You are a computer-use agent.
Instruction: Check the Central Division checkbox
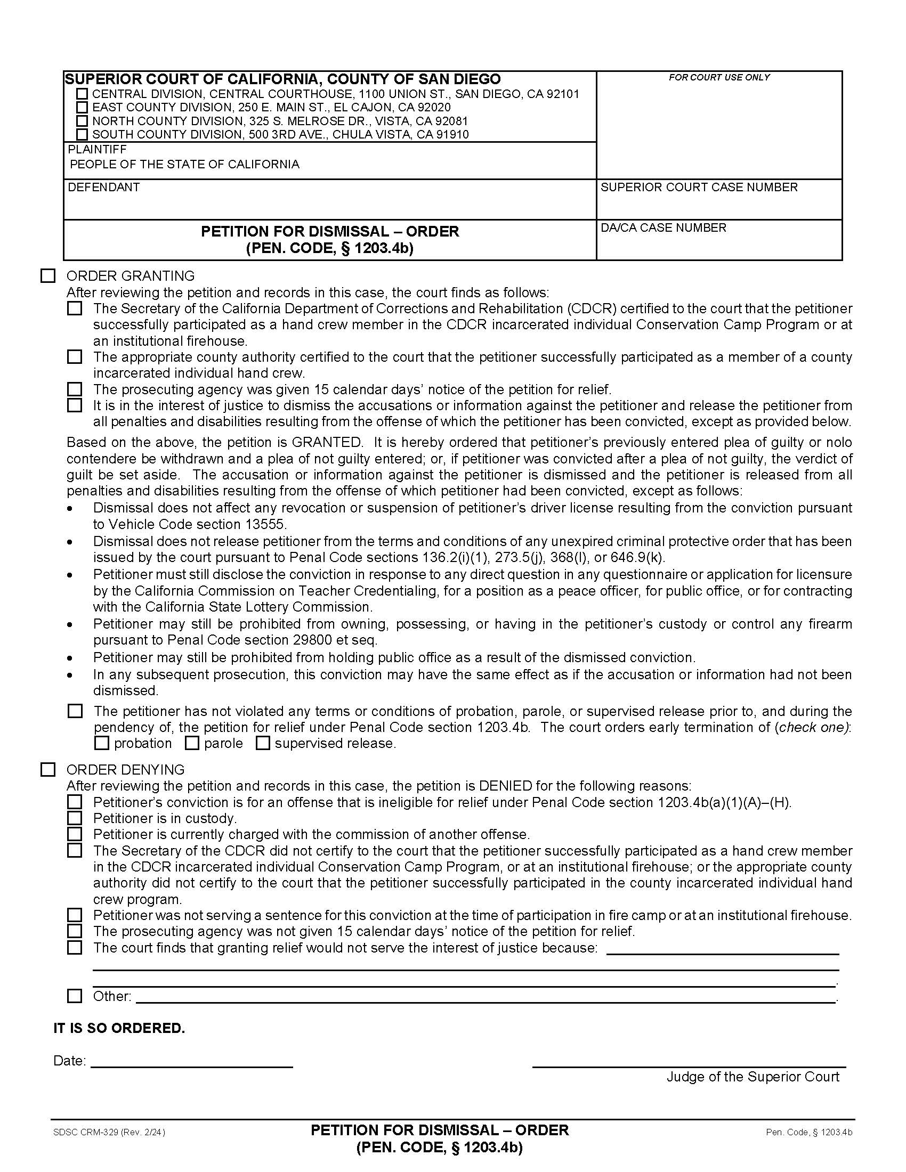pos(82,94)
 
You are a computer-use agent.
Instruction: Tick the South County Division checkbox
pos(82,134)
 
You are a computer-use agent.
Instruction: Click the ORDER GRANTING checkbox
pos(48,276)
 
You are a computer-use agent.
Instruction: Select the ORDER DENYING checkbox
pos(48,770)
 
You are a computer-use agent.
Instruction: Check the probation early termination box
pos(101,743)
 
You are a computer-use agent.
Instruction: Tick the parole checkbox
pos(192,743)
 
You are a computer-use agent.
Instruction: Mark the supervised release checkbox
pos(262,743)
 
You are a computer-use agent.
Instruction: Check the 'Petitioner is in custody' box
pos(75,818)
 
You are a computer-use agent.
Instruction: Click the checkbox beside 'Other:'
pos(75,996)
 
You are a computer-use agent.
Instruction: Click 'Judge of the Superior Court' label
pos(753,1077)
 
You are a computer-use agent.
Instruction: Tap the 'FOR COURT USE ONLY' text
pos(719,77)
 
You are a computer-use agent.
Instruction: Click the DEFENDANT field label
pos(103,188)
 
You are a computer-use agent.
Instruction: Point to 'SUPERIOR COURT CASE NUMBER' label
pos(699,188)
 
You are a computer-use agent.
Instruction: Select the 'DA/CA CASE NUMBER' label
pos(663,227)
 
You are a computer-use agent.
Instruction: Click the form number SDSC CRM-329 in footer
pos(109,1132)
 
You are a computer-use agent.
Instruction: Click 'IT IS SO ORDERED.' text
pos(119,1028)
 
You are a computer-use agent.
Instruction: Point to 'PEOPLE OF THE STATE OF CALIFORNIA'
pos(184,164)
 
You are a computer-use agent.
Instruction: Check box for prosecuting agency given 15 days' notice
pos(75,389)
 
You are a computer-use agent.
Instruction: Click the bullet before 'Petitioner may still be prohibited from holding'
pos(70,658)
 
